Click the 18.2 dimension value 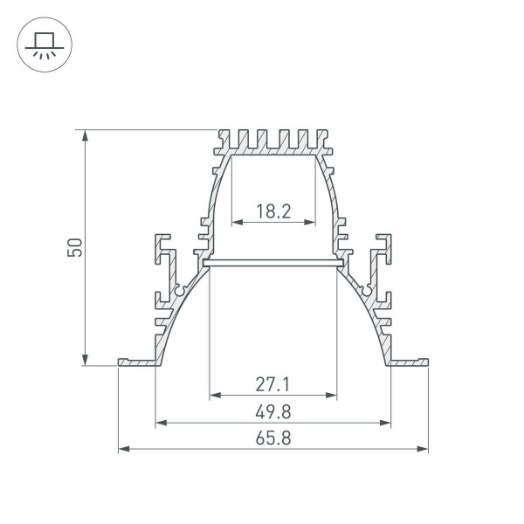pos(272,210)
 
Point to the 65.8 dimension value pos(272,439)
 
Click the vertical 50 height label pos(76,247)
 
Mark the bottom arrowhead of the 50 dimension pos(85,359)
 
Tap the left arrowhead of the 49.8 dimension pos(161,423)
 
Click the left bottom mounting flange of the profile pos(138,362)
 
